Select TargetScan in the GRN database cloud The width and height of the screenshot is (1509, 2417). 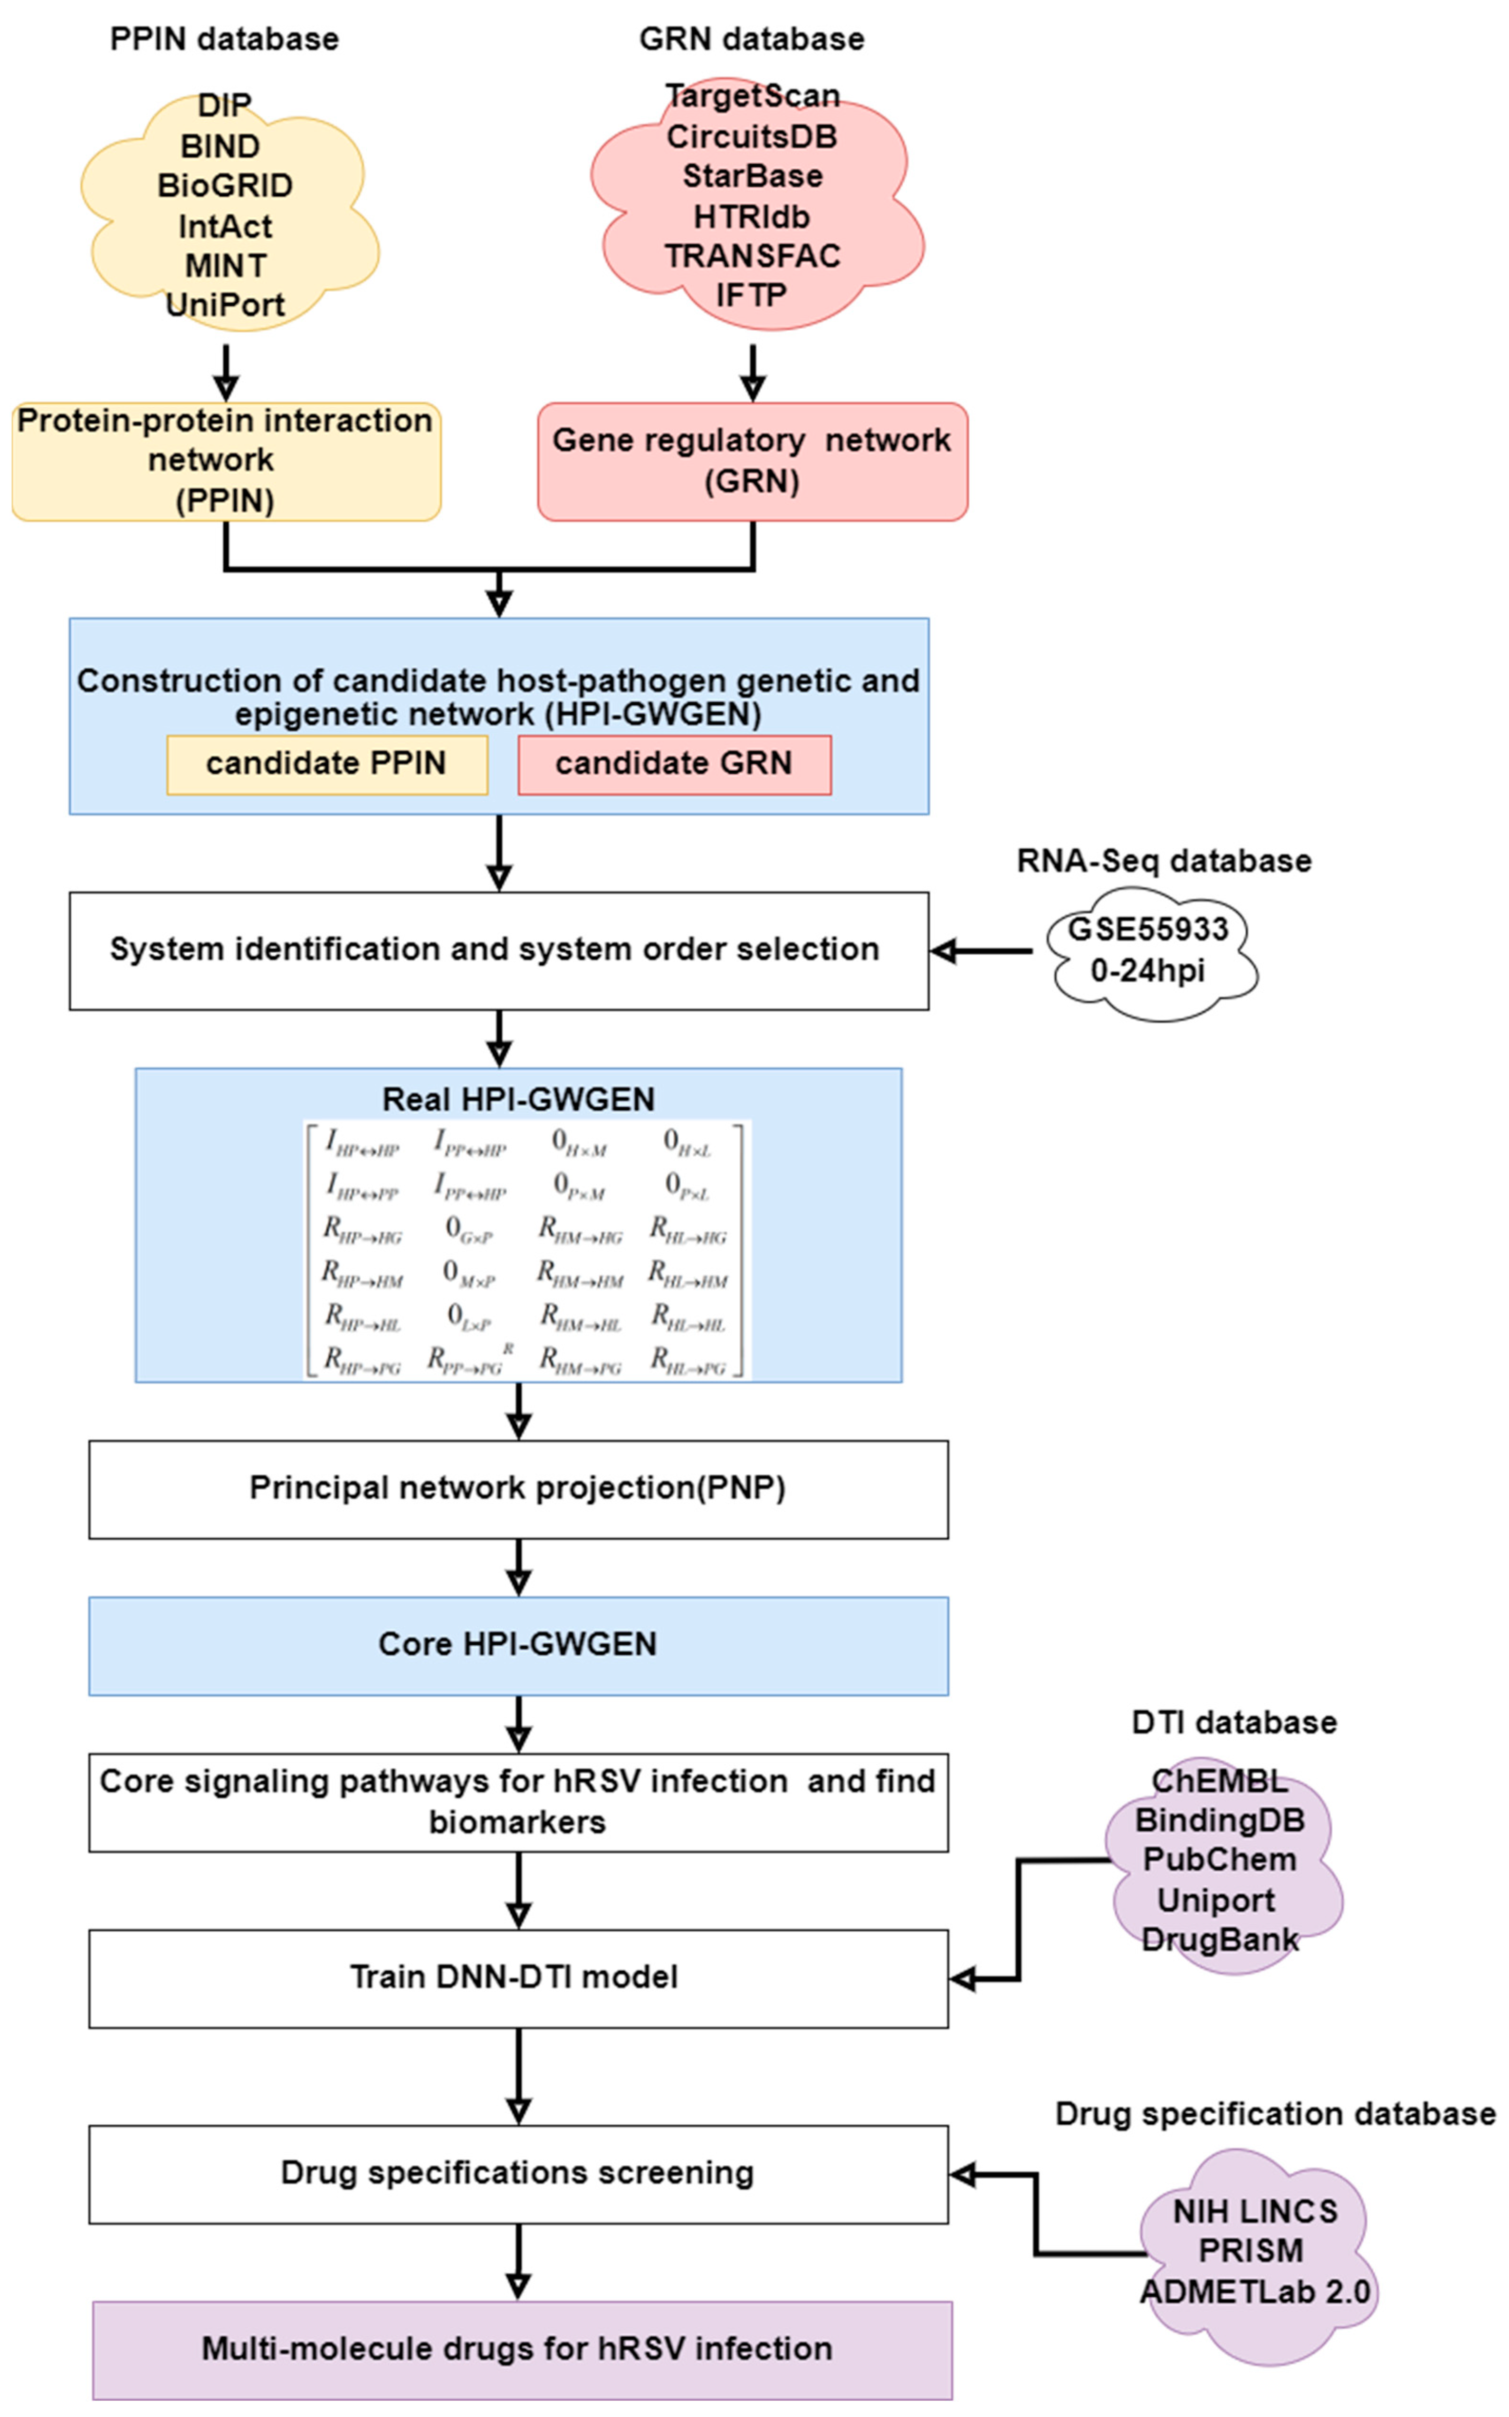point(753,96)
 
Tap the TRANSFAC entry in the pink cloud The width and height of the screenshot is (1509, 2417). point(753,256)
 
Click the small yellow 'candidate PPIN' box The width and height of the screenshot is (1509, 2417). point(326,763)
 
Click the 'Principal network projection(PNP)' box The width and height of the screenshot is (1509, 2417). point(518,1488)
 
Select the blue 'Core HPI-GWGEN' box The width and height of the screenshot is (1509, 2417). point(518,1645)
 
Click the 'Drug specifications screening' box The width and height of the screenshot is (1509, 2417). point(518,2173)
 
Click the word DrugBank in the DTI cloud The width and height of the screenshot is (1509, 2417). point(1220,1939)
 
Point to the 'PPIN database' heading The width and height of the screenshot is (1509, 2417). point(225,39)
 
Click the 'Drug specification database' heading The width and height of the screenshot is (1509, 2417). point(1274,2114)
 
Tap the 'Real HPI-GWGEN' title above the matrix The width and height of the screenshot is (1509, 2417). point(518,1099)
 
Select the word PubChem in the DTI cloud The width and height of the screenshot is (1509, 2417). point(1220,1859)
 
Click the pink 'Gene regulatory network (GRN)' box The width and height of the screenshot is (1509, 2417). point(753,461)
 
